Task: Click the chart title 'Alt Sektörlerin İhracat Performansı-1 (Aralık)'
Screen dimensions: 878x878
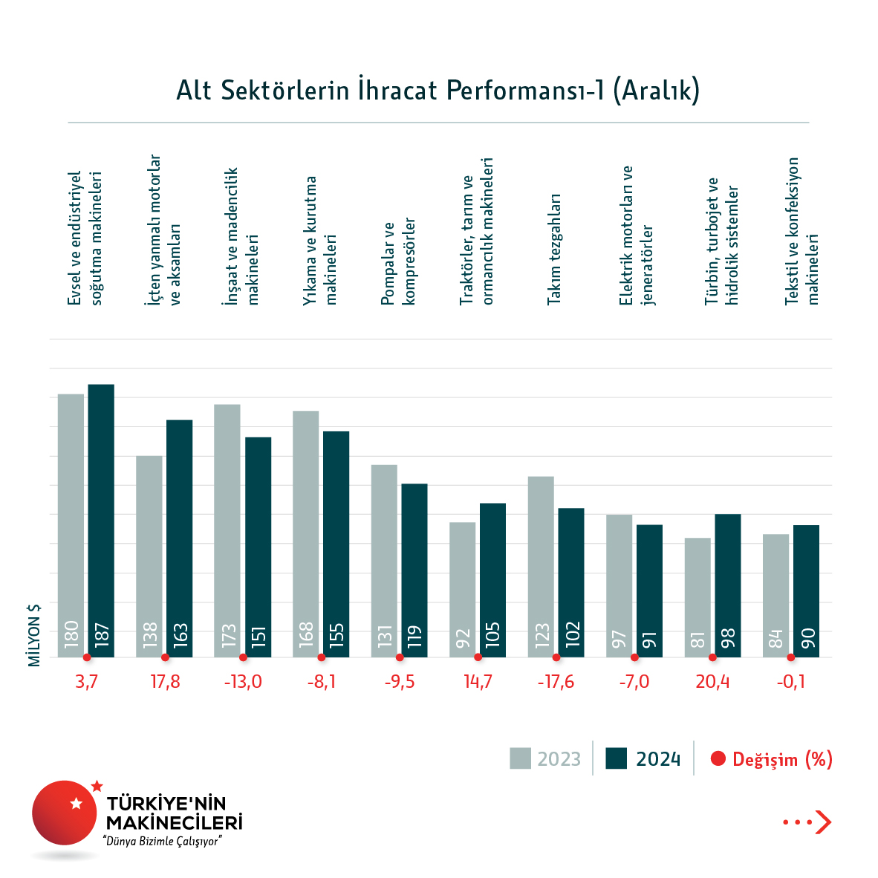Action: coord(438,91)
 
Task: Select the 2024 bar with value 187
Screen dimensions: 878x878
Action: coord(101,520)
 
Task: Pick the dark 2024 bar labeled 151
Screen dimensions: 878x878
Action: coord(258,547)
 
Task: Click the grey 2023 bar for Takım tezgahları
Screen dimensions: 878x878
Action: coord(541,566)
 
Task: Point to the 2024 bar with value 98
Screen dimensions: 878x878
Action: coord(727,585)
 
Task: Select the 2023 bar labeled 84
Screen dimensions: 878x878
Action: coord(775,595)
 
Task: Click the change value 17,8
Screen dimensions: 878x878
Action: coord(165,682)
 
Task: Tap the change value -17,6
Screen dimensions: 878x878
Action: coord(556,682)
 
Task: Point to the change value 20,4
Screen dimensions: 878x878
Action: coord(712,682)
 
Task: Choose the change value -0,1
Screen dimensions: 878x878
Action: coord(790,682)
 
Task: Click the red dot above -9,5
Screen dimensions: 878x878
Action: coord(400,657)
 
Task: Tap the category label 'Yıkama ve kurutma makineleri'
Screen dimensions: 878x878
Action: coord(320,240)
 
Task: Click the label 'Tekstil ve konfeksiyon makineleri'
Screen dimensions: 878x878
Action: coord(802,231)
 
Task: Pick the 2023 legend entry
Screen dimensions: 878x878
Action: coord(545,758)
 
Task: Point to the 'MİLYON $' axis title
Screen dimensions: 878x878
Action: coord(34,634)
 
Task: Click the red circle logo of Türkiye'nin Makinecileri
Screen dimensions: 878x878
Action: coord(65,813)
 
